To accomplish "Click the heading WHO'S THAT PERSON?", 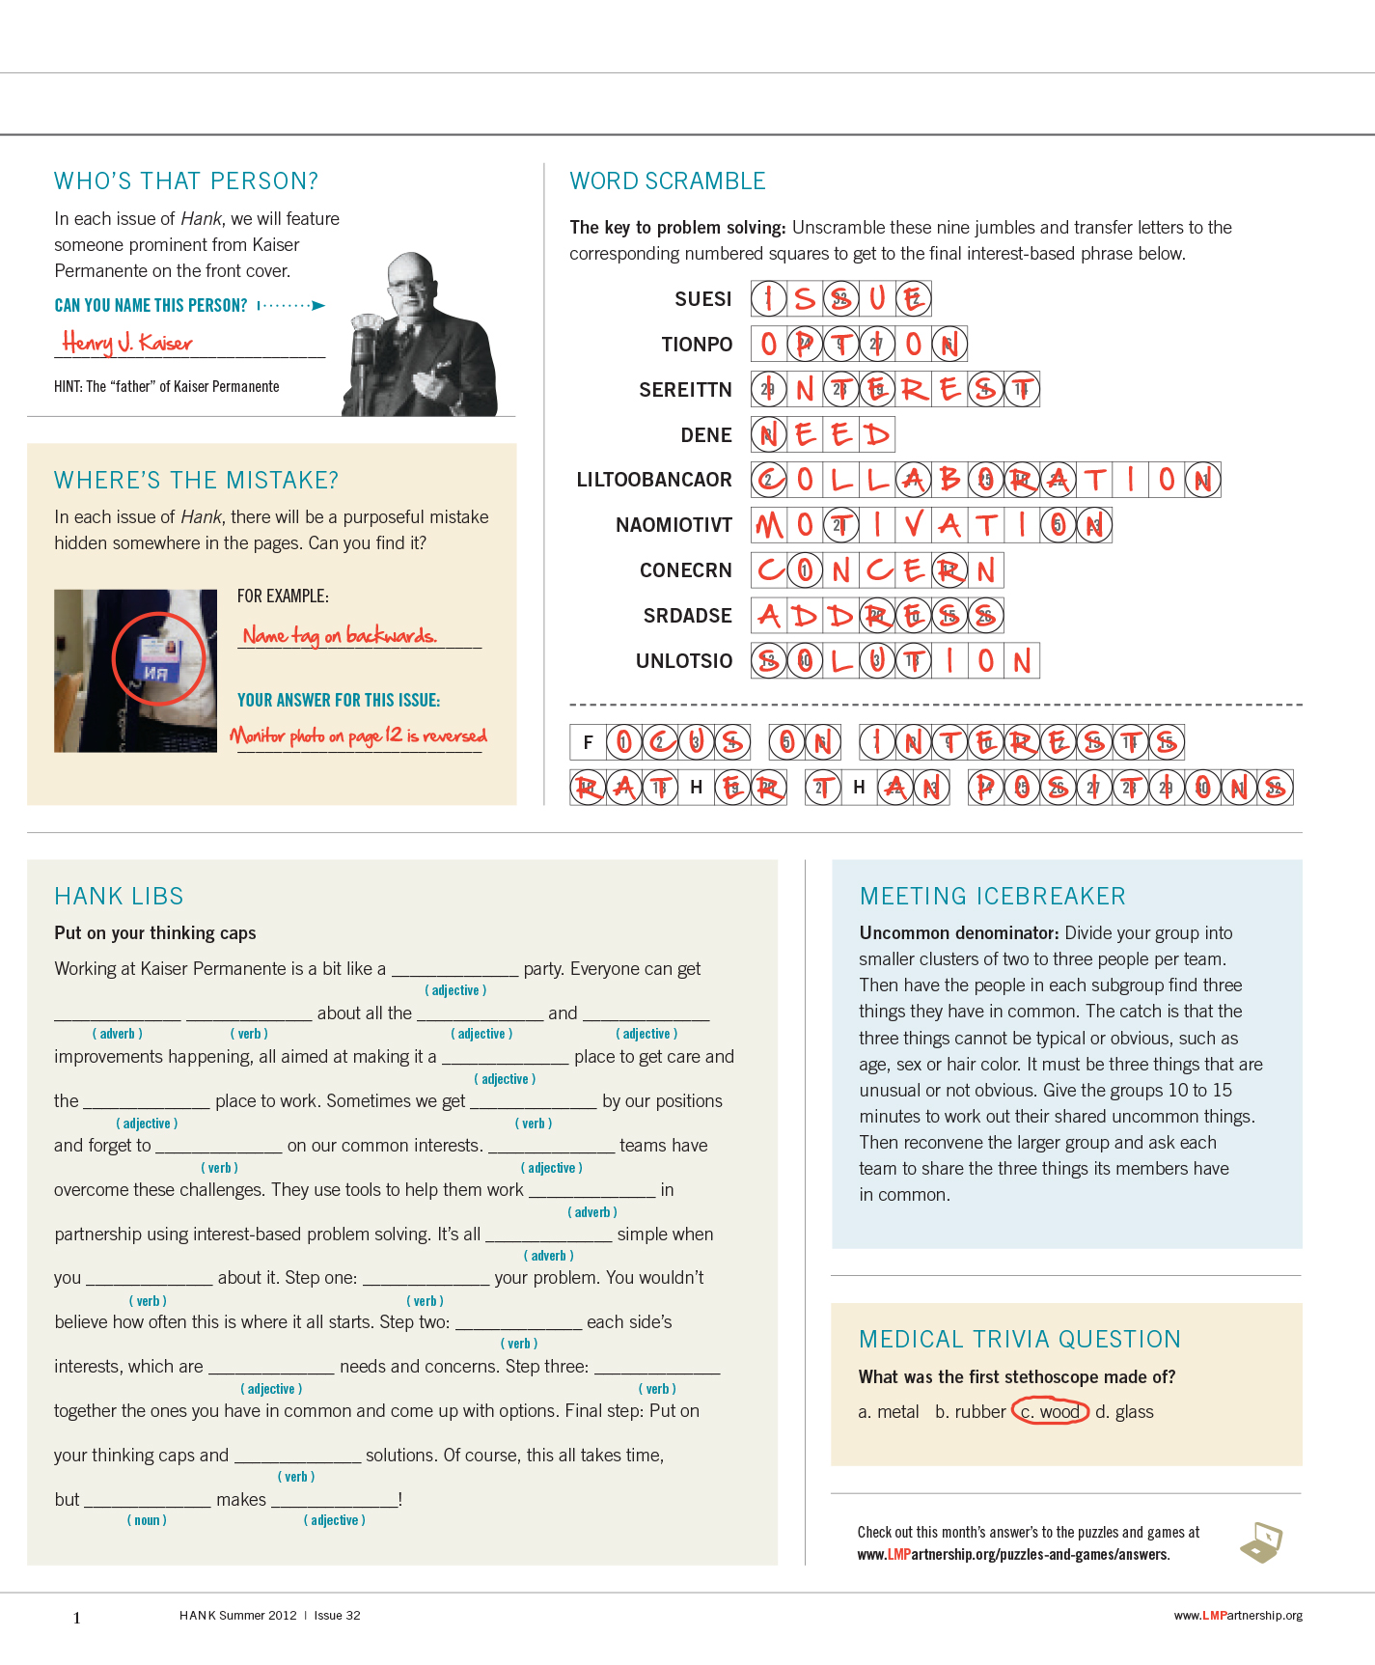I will (185, 181).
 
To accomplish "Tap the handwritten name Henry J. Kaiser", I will (127, 343).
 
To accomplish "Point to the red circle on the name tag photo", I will (159, 658).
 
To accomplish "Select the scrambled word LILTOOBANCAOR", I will (653, 480).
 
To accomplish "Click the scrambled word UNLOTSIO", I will (683, 661).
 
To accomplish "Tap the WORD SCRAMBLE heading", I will (667, 181).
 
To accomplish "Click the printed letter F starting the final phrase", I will (588, 742).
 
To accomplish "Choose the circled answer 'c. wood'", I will (1050, 1412).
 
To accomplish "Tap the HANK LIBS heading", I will (119, 897).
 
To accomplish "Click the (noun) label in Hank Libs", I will (147, 1520).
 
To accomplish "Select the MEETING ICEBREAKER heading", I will (992, 897).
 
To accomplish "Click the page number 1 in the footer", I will (77, 1619).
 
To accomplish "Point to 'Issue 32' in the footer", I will (337, 1616).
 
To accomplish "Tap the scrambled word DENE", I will (705, 435).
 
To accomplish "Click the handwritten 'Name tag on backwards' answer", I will (340, 635).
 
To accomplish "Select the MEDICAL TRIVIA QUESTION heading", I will (1019, 1340).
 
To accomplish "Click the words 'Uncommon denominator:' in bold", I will (959, 933).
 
